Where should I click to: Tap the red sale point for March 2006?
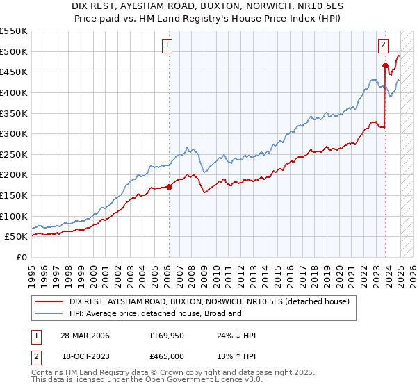(x=169, y=187)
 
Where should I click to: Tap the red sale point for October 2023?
(x=385, y=65)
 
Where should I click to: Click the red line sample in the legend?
(x=49, y=301)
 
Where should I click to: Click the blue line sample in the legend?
(x=49, y=313)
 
